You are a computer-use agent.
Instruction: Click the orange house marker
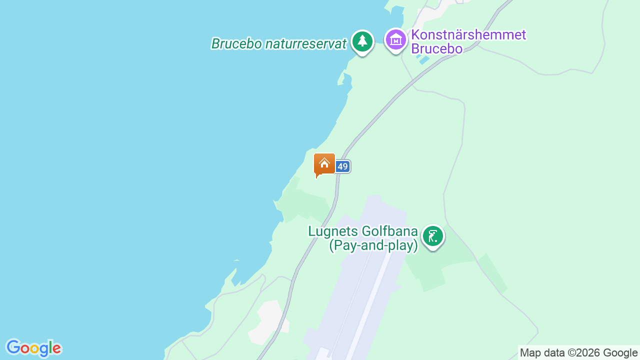(324, 164)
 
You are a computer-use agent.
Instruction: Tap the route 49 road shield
(342, 166)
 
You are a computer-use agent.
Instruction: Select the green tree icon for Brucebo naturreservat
(362, 42)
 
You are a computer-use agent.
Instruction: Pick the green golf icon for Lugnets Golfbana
(433, 236)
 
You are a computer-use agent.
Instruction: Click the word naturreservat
(305, 44)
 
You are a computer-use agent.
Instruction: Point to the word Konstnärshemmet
(468, 35)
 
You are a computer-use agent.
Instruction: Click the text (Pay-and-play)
(373, 245)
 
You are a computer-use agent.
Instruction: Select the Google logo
(33, 348)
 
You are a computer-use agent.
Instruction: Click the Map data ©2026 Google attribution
(578, 353)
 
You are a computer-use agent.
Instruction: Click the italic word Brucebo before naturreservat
(236, 44)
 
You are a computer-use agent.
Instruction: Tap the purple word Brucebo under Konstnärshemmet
(436, 48)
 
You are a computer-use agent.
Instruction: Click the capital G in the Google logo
(13, 347)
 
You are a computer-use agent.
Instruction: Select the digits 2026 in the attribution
(589, 353)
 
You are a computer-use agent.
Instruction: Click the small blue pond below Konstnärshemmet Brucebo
(423, 59)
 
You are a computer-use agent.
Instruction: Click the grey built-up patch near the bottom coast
(268, 322)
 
